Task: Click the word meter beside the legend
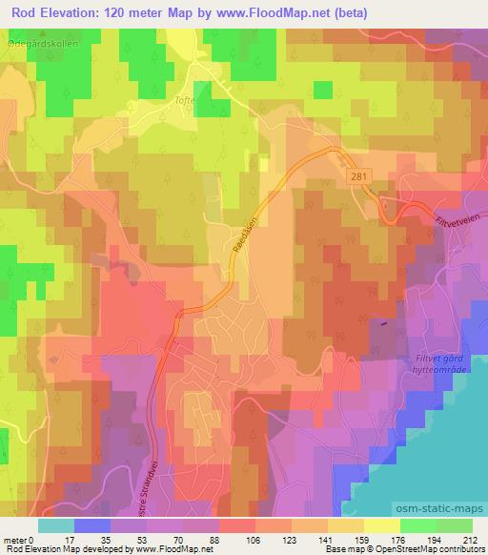click(13, 539)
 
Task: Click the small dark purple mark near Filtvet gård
click(384, 321)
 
